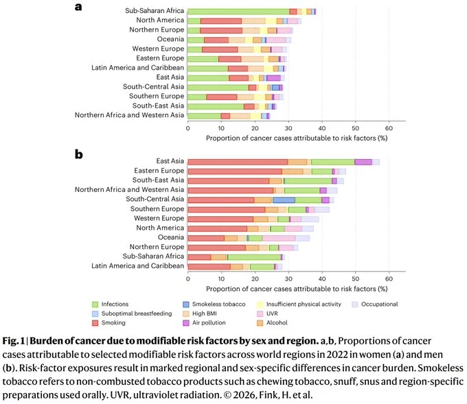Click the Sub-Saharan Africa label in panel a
coord(154,12)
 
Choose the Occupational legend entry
coord(374,304)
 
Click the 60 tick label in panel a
coord(388,127)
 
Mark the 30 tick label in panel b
coord(288,279)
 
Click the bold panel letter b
coord(79,154)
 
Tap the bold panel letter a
coord(78,8)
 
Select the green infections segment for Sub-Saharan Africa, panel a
coord(238,12)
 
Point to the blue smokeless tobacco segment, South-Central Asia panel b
coord(284,200)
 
